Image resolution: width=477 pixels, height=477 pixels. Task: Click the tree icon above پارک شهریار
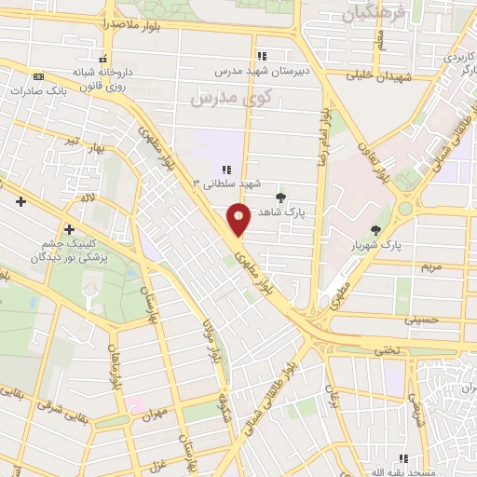pyautogui.click(x=375, y=230)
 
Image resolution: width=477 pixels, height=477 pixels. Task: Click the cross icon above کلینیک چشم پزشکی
pyautogui.click(x=69, y=229)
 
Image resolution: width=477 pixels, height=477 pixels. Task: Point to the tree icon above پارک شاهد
pyautogui.click(x=281, y=197)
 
